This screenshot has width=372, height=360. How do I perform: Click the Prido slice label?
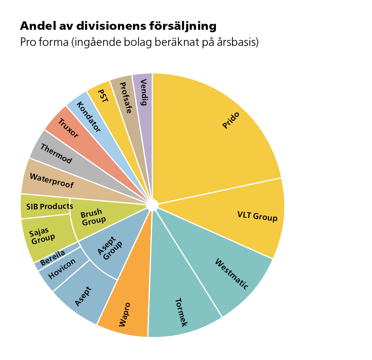[231, 120]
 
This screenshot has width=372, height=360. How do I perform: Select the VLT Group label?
[257, 217]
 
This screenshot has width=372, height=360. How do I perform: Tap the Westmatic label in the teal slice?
[231, 274]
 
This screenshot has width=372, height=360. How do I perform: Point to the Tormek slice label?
[181, 312]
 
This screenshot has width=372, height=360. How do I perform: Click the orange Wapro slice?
[125, 314]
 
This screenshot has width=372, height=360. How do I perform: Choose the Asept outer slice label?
[83, 296]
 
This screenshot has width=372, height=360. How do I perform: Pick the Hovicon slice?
[62, 269]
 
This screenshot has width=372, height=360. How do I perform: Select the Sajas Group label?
[42, 236]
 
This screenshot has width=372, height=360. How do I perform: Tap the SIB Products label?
[49, 206]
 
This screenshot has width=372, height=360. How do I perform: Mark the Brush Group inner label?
[92, 216]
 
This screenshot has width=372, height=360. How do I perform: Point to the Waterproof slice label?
[51, 180]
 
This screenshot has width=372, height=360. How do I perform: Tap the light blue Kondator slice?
[88, 117]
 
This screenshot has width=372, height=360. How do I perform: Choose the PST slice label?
[103, 95]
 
